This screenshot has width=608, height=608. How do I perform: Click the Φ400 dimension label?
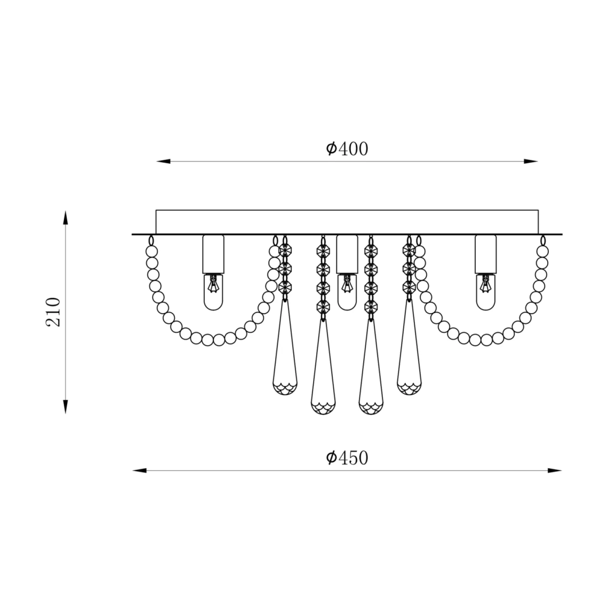click(x=347, y=149)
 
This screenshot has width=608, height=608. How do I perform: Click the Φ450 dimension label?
click(x=347, y=458)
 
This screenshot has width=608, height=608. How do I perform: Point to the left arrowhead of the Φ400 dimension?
click(x=163, y=161)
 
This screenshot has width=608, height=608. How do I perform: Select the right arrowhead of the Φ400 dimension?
click(x=531, y=161)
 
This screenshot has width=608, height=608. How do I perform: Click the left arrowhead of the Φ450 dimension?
click(x=139, y=470)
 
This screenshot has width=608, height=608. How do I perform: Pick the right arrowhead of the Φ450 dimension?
click(x=555, y=470)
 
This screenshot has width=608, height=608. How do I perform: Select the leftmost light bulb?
click(x=213, y=292)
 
